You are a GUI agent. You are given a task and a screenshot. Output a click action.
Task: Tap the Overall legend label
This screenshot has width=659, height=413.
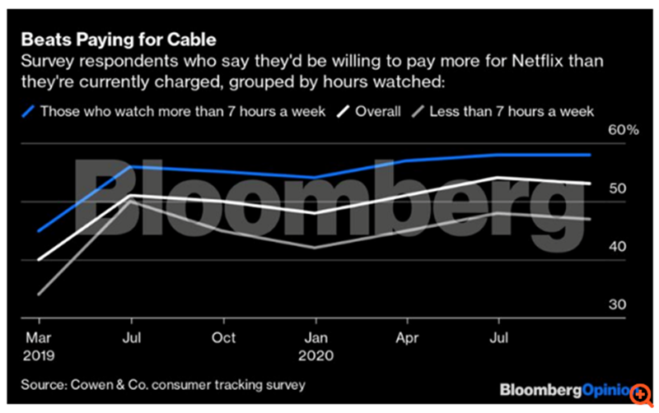[377, 111]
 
